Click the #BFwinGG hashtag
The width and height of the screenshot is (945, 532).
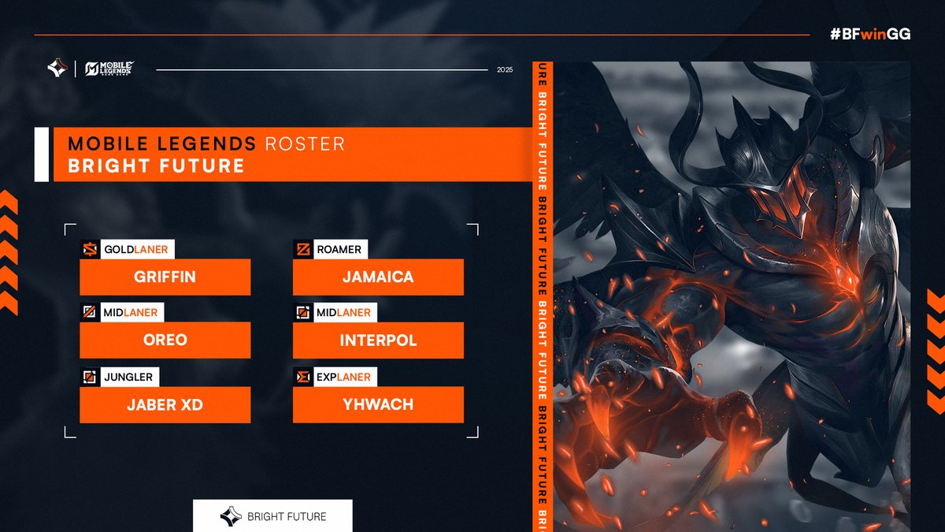870,35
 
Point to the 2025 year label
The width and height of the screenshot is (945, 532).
505,69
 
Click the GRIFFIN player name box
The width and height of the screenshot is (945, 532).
165,277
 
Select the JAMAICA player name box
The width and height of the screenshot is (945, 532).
378,277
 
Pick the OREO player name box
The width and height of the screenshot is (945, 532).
165,340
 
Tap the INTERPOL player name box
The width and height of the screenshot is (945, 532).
378,340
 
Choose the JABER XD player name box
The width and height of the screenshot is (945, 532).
165,404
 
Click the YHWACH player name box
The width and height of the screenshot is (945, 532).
378,404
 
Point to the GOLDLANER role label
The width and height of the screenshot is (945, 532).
135,250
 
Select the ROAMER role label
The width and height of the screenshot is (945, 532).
339,250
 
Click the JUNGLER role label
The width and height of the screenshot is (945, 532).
128,377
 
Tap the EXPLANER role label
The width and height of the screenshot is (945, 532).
343,377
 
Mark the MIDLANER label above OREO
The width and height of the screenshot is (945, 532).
131,313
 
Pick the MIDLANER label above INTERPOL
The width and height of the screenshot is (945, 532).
343,313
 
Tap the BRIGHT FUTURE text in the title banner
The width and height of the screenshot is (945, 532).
156,166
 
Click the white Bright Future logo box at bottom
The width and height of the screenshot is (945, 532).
272,516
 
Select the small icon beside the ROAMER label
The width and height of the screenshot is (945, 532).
302,250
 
